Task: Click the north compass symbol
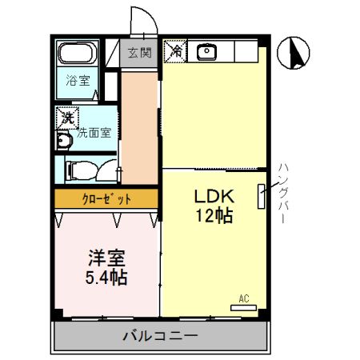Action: point(292,54)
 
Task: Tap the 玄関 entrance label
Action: point(139,54)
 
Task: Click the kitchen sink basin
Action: point(207,51)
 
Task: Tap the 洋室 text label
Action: point(106,259)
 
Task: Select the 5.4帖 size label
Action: point(106,278)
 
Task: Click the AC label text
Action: point(244,298)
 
